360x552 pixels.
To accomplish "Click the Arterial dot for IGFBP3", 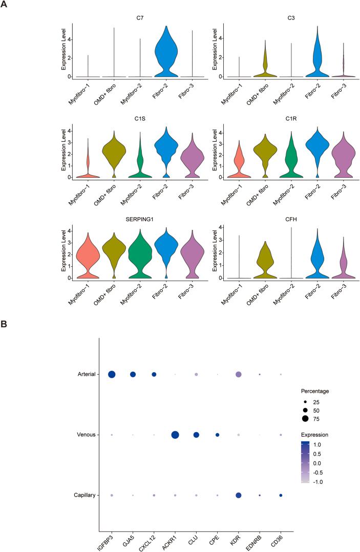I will tap(112, 375).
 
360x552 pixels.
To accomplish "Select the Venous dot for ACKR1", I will tap(175, 435).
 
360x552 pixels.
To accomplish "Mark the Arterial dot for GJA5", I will tap(133, 375).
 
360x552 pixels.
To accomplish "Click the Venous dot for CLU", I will tap(196, 435).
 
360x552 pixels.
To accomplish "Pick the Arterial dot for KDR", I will tap(238, 375).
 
